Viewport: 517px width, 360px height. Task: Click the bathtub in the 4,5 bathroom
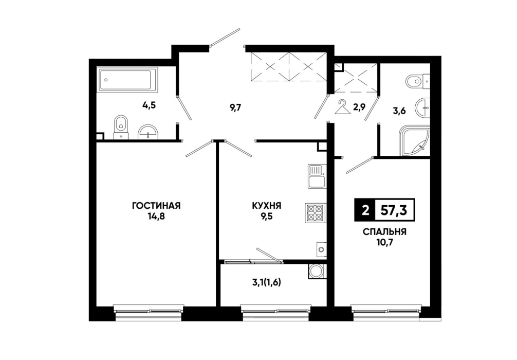click(125, 79)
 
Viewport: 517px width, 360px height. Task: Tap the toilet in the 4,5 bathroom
click(121, 128)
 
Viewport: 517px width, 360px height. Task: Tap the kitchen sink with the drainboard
click(317, 176)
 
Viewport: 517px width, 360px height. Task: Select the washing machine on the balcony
click(317, 271)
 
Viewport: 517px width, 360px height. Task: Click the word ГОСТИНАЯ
click(156, 206)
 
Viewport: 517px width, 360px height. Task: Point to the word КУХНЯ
click(266, 206)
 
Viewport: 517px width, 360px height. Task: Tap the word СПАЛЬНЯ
click(384, 232)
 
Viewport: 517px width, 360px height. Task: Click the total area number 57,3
click(394, 210)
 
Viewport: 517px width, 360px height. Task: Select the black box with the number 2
click(365, 210)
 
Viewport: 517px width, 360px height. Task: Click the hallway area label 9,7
click(235, 107)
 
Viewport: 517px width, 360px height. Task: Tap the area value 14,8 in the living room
click(156, 217)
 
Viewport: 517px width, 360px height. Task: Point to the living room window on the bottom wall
click(149, 312)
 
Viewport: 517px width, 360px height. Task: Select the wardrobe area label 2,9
click(359, 107)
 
